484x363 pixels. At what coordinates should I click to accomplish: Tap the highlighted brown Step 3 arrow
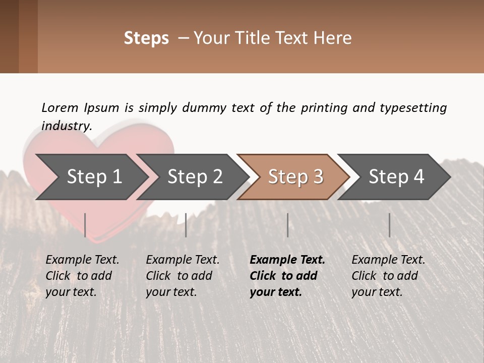point(295,177)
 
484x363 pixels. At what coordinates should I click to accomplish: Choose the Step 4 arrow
point(396,177)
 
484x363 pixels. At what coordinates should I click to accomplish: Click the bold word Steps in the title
point(146,38)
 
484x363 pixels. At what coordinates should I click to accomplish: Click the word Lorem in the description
point(60,107)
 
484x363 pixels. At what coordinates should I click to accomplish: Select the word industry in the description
point(67,126)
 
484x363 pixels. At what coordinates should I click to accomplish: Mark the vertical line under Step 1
point(85,225)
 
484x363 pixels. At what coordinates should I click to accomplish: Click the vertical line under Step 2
point(186,225)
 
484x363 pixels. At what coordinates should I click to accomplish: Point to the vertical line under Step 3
point(287,225)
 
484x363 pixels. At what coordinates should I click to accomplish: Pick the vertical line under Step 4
point(389,225)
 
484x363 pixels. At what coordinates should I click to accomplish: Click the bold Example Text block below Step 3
point(287,276)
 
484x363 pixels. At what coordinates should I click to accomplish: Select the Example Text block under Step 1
point(82,276)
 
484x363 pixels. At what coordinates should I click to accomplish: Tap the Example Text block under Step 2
point(183,276)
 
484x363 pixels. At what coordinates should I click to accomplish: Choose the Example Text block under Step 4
point(388,276)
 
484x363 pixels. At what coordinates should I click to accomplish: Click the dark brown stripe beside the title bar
point(10,36)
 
